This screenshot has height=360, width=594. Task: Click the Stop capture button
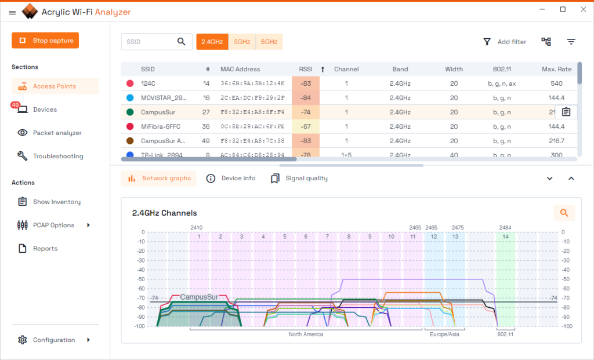pyautogui.click(x=45, y=41)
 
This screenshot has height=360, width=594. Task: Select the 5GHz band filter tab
pyautogui.click(x=242, y=42)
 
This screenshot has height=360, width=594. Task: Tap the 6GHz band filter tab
pyautogui.click(x=269, y=42)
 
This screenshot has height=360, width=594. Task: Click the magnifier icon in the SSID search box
pyautogui.click(x=182, y=42)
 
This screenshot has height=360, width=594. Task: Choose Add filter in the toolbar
pyautogui.click(x=505, y=42)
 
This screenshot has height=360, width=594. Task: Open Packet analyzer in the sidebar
pyautogui.click(x=57, y=133)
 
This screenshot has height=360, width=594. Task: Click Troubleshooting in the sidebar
pyautogui.click(x=57, y=156)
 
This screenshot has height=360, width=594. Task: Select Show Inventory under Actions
pyautogui.click(x=56, y=202)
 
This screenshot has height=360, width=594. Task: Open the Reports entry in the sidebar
pyautogui.click(x=45, y=249)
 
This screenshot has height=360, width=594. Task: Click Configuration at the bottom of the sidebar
pyautogui.click(x=53, y=340)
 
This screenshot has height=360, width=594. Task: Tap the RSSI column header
pyautogui.click(x=305, y=69)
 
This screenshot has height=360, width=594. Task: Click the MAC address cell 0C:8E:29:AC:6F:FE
pyautogui.click(x=252, y=126)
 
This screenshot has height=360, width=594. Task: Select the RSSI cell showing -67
pyautogui.click(x=305, y=126)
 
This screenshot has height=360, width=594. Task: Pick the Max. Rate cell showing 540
pyautogui.click(x=556, y=83)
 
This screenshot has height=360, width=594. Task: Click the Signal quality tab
pyautogui.click(x=306, y=179)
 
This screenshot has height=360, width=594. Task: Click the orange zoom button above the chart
pyautogui.click(x=564, y=213)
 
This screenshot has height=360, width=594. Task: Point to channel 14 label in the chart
pyautogui.click(x=505, y=237)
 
